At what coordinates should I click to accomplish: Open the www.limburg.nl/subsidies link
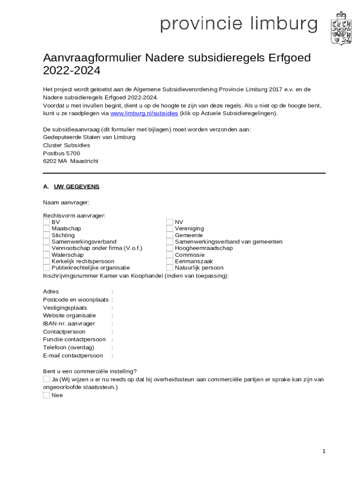[144, 113]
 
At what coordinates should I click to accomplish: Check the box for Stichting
[46, 235]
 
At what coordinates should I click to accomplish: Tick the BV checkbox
[46, 222]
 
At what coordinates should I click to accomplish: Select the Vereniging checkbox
[170, 228]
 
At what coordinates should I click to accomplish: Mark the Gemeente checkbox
[170, 235]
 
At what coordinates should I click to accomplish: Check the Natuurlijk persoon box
[170, 268]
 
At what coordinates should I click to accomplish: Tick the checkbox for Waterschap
[46, 254]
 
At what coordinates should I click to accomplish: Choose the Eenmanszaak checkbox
[170, 261]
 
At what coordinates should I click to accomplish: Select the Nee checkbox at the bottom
[46, 395]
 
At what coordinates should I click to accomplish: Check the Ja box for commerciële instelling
[46, 379]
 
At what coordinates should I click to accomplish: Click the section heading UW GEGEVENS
[77, 186]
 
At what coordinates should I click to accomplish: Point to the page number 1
[324, 451]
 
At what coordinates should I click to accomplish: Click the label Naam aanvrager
[66, 202]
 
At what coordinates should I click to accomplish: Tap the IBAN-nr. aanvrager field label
[69, 323]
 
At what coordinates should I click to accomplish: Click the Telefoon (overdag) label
[68, 347]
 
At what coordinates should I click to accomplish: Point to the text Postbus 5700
[61, 153]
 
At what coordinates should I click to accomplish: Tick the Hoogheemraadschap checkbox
[170, 248]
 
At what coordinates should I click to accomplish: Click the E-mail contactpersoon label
[73, 355]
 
